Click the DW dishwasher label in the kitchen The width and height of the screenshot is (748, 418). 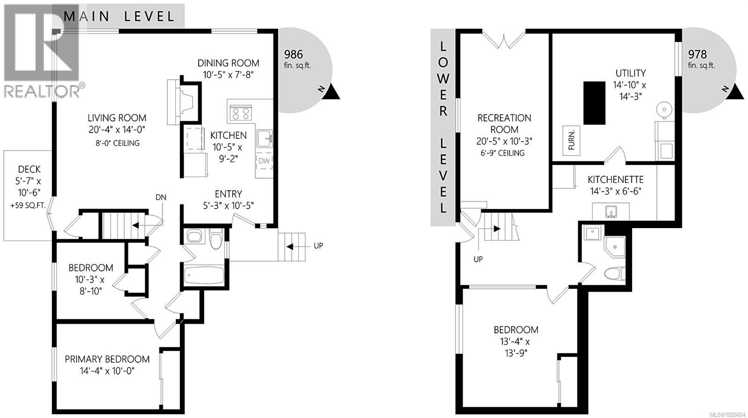(x=264, y=161)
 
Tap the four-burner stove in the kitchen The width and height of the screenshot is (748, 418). (x=240, y=113)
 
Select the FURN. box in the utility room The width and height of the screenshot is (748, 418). (x=571, y=140)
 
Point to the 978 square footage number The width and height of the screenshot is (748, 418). (x=697, y=54)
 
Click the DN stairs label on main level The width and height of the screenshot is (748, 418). (x=161, y=197)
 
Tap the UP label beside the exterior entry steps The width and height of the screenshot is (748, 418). (x=318, y=245)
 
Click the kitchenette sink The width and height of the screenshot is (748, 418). (x=611, y=212)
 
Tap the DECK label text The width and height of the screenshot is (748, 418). (x=29, y=169)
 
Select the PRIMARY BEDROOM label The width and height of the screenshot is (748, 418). (x=107, y=359)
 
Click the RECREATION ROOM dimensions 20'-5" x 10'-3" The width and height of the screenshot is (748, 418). (x=504, y=141)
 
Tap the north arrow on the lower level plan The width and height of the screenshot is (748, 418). (x=737, y=92)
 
